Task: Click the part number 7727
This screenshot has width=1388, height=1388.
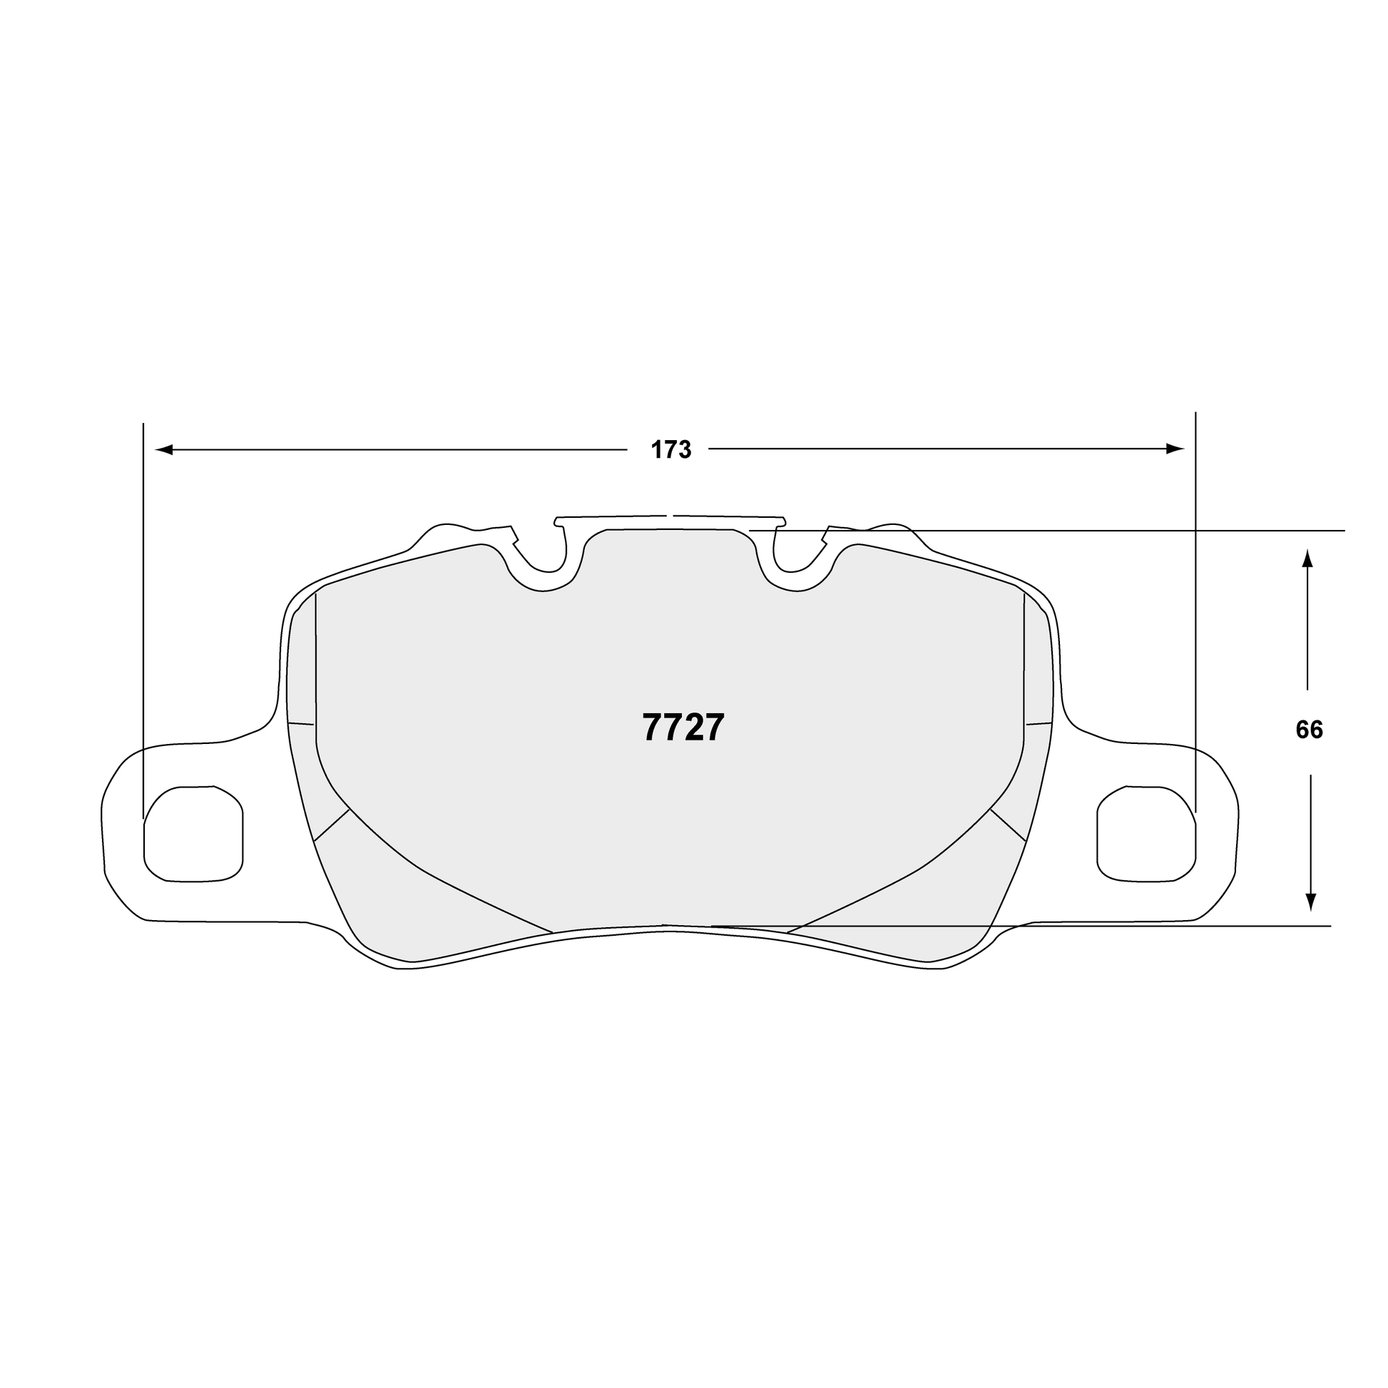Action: pos(683,728)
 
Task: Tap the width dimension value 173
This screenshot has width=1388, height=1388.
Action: pos(671,450)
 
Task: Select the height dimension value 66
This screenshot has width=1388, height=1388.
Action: pos(1309,730)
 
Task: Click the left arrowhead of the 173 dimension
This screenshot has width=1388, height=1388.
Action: pos(165,450)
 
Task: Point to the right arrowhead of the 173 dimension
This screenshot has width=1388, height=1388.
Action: pos(1175,449)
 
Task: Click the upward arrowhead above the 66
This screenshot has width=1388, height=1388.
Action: pos(1307,560)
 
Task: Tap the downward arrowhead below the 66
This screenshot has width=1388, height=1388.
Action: pos(1310,902)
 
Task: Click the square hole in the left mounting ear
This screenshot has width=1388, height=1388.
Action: pos(194,832)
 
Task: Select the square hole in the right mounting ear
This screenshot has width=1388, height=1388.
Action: pos(1147,833)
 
